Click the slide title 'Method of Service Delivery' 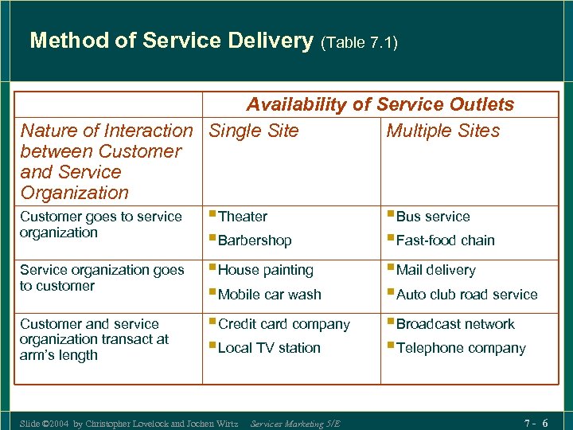pos(170,41)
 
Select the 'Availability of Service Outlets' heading pos(380,104)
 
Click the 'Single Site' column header pos(253,131)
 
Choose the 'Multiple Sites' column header pos(442,131)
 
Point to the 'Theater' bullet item pos(243,217)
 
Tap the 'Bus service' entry pos(433,217)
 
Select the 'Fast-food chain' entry pos(445,240)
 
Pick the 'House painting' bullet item pos(265,271)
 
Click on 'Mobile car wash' pos(269,295)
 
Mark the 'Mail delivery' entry pos(435,271)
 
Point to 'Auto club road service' pos(466,295)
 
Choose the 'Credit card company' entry pos(283,324)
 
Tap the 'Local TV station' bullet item pos(269,348)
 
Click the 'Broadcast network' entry pos(455,324)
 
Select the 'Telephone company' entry pos(461,348)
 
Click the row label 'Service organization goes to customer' pos(102,278)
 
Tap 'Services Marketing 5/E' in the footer pos(294,424)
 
